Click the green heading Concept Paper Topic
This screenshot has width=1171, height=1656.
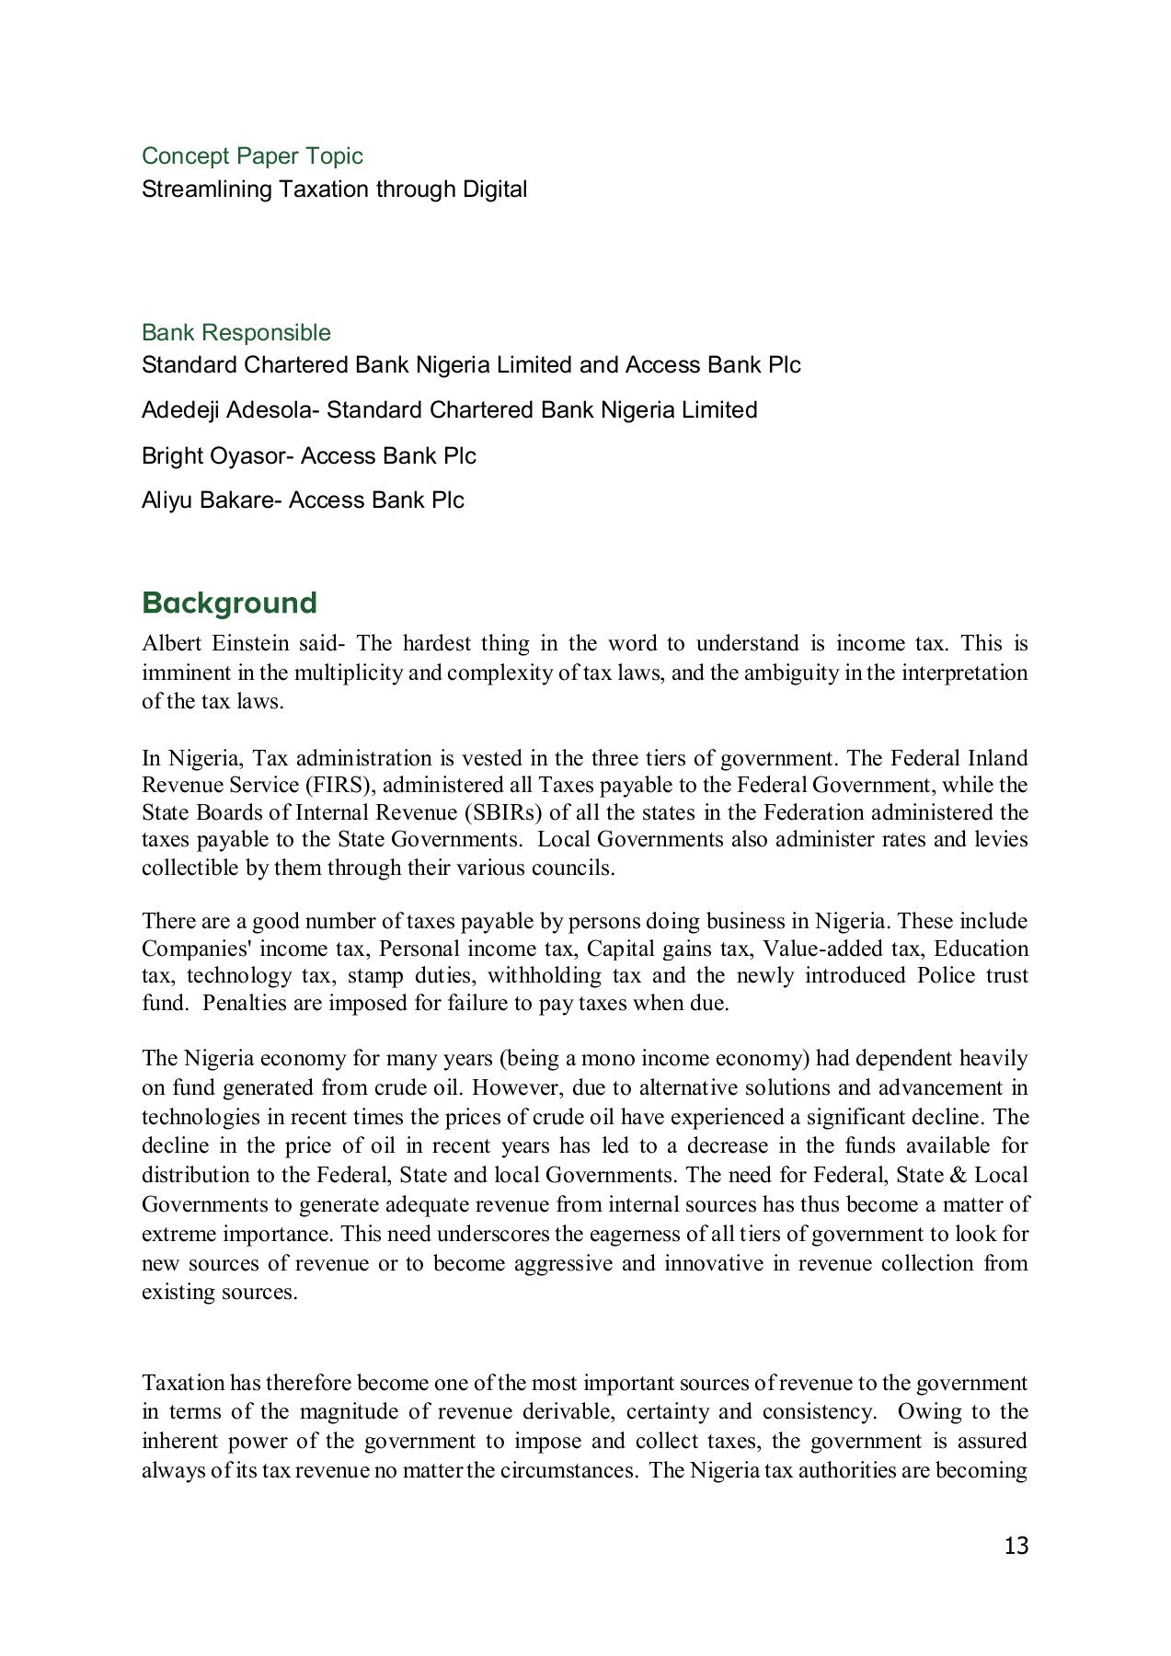click(252, 156)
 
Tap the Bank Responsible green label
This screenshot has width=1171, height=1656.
click(235, 332)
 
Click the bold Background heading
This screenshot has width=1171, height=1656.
click(229, 603)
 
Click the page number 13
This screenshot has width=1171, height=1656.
click(1016, 1547)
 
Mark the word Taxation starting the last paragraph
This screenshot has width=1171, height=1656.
click(183, 1383)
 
